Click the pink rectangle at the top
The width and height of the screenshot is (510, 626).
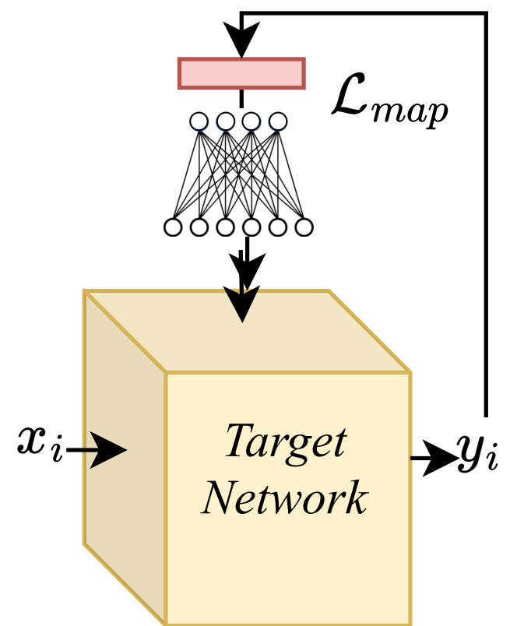241,73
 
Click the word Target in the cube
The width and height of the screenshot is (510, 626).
285,442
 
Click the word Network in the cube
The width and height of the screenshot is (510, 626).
285,497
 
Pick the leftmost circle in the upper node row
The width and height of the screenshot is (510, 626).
199,121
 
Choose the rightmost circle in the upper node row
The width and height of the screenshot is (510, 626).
278,121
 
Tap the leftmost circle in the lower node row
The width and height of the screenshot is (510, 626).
173,227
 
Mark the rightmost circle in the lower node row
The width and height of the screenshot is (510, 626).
304,227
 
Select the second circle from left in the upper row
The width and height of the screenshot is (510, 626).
226,121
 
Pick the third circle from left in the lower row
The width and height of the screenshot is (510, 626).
225,227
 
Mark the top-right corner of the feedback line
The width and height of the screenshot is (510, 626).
487,14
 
